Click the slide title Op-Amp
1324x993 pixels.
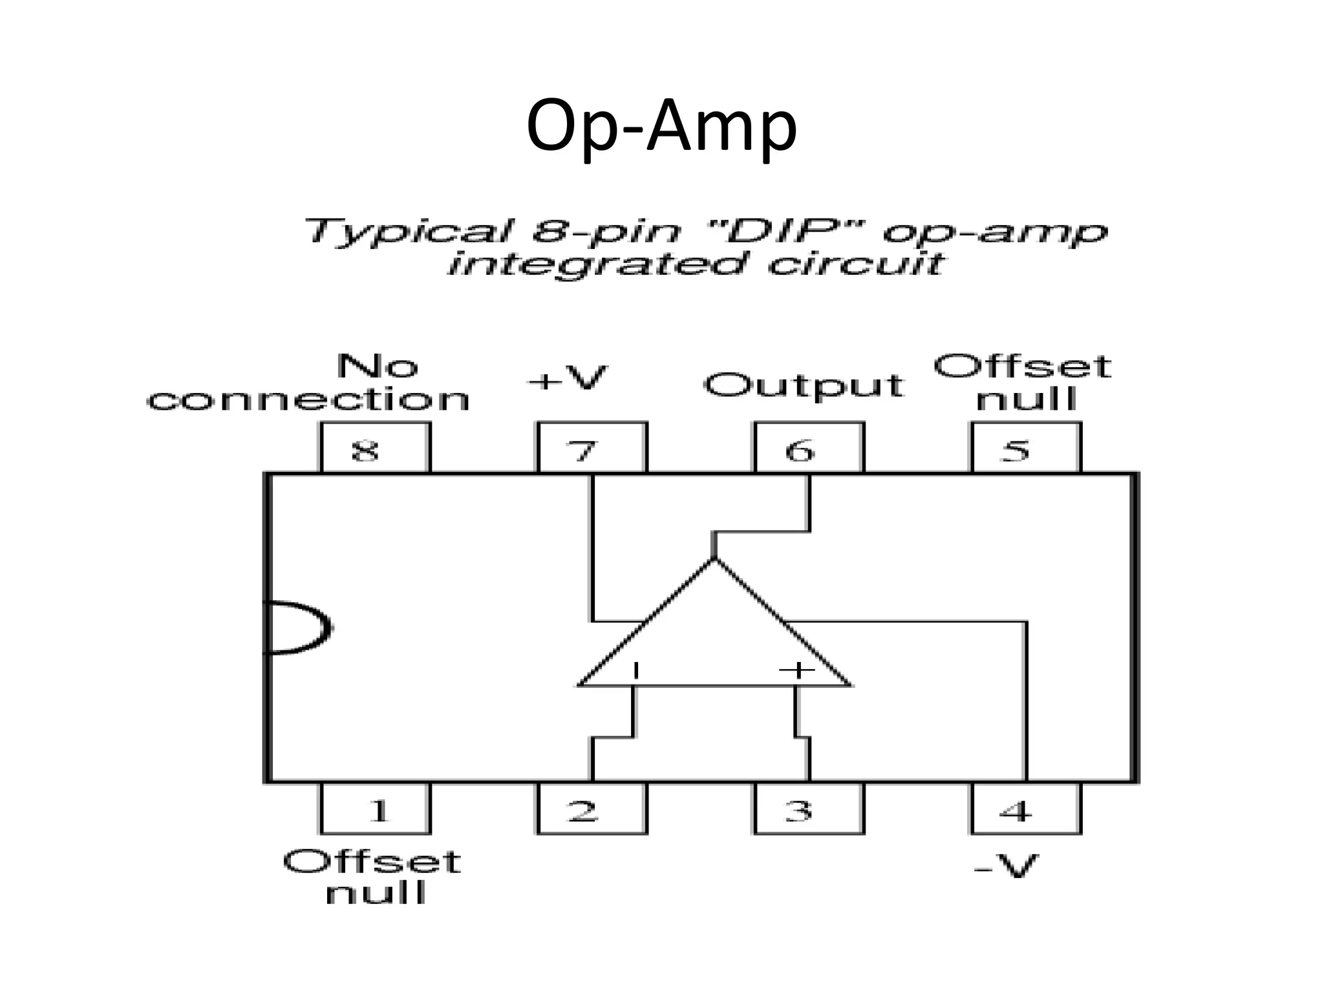[661, 126]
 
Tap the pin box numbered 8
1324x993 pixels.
[375, 448]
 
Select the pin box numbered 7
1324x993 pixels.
[592, 448]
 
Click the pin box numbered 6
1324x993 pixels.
[808, 448]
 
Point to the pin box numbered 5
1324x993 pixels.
[1025, 448]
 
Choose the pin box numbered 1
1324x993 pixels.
[375, 809]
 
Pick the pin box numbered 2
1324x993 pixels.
[592, 809]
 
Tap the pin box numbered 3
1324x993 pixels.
[808, 809]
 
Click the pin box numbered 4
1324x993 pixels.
[1025, 809]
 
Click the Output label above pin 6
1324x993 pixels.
[803, 386]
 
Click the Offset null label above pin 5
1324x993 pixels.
[1023, 382]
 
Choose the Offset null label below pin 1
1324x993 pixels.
[372, 877]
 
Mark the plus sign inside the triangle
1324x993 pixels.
[796, 670]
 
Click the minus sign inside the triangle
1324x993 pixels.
[636, 670]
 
